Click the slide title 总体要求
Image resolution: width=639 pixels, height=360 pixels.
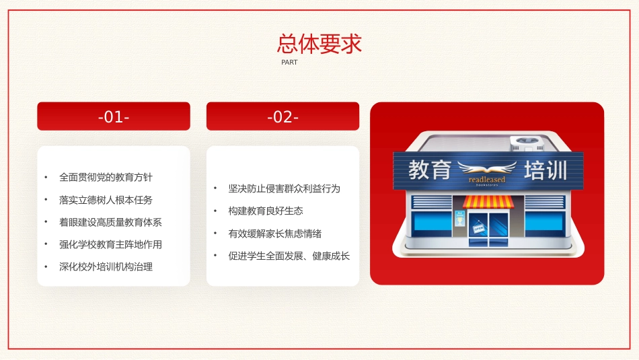(x=319, y=44)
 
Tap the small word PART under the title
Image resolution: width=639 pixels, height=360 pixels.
(x=289, y=63)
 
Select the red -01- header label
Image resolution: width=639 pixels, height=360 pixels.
(x=114, y=116)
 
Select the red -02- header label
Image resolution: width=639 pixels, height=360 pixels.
(x=283, y=116)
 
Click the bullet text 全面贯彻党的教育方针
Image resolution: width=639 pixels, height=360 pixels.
(x=106, y=178)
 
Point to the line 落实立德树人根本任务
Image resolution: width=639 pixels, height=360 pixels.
(x=106, y=200)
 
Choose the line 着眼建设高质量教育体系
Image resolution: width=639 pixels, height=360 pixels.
(x=110, y=222)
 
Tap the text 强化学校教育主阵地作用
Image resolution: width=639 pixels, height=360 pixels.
(x=110, y=244)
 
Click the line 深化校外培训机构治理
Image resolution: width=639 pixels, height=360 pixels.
(x=106, y=266)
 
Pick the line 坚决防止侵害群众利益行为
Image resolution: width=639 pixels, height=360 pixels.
(x=284, y=188)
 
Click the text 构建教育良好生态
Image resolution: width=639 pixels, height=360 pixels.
(x=265, y=211)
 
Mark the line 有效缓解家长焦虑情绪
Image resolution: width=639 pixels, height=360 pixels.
(x=274, y=233)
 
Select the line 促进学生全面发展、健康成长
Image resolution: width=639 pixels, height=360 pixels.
(x=289, y=256)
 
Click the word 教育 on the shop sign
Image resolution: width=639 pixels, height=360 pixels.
(x=429, y=170)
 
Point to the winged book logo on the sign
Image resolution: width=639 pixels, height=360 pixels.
(x=487, y=168)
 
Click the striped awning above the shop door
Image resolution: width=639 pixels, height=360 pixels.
(x=488, y=202)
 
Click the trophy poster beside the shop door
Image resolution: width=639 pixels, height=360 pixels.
(x=460, y=218)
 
